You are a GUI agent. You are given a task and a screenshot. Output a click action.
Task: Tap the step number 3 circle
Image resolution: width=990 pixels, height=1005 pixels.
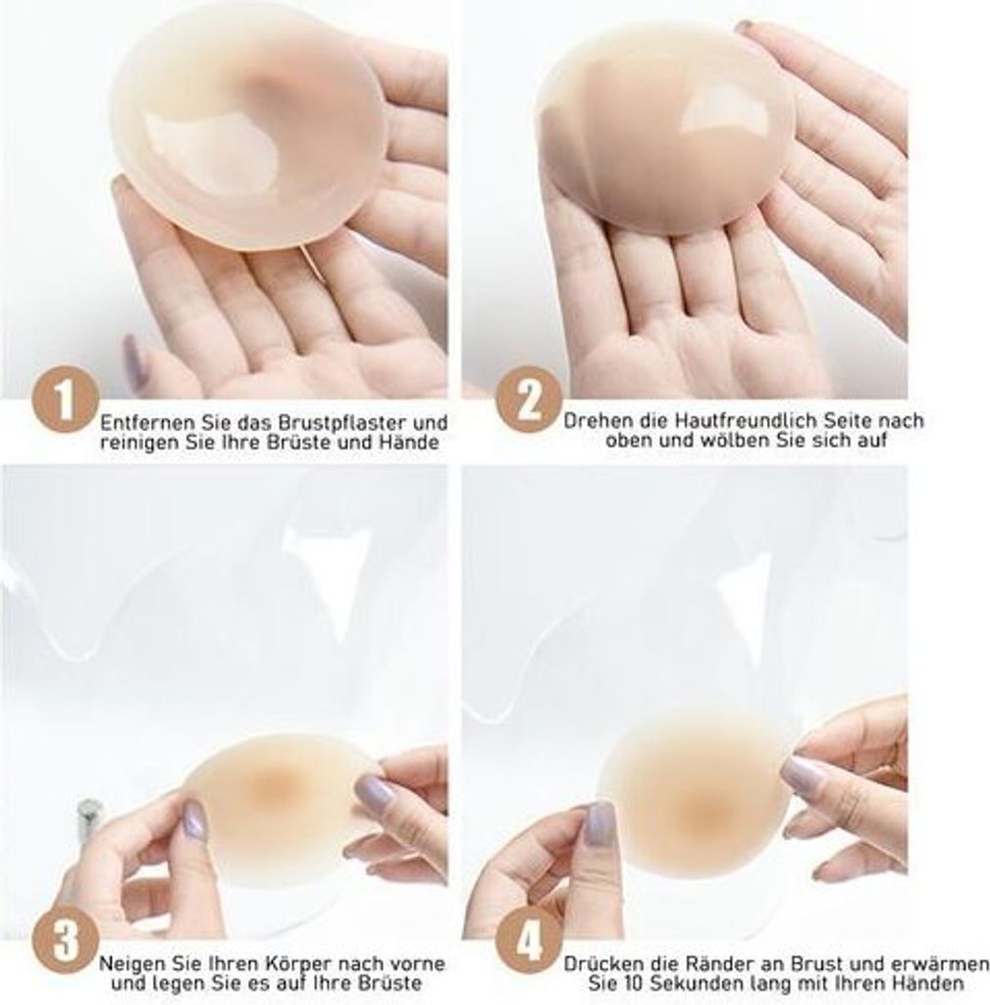coord(65,941)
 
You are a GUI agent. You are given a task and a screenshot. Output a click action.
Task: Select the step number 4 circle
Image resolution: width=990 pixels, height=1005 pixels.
coord(528,943)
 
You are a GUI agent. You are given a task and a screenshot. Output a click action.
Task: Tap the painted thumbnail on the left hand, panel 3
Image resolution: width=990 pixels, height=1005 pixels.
coord(193,820)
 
